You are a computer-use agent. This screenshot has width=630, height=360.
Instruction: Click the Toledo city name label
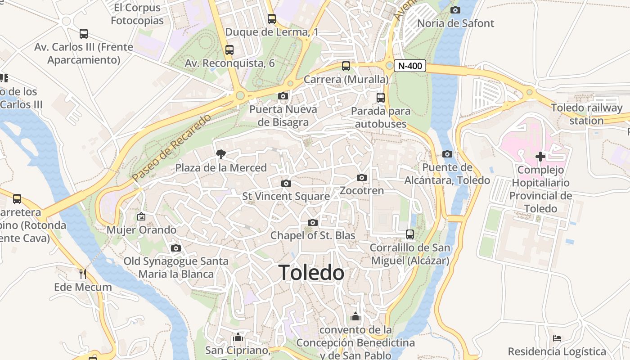click(311, 273)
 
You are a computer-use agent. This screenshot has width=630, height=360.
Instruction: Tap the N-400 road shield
click(410, 66)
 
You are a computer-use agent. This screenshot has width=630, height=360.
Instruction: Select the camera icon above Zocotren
click(362, 178)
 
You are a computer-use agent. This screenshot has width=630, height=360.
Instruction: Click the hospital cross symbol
click(540, 157)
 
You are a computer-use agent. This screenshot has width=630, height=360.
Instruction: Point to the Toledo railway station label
click(587, 114)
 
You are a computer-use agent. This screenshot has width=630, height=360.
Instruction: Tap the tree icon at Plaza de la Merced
click(221, 154)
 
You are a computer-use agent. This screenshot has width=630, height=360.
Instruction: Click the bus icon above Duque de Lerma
click(272, 19)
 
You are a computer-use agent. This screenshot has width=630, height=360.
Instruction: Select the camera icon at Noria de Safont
click(455, 10)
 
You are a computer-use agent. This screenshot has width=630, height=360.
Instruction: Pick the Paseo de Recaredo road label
click(172, 148)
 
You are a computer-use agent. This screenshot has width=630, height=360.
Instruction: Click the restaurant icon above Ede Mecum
click(83, 274)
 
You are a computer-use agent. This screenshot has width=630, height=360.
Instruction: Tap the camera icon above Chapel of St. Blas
click(313, 222)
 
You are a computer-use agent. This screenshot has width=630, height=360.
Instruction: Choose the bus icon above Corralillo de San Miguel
click(410, 234)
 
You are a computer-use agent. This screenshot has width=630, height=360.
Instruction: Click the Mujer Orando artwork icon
click(141, 216)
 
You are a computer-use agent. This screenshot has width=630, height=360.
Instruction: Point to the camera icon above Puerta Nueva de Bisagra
click(283, 96)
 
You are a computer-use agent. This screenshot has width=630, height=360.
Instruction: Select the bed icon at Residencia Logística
click(557, 338)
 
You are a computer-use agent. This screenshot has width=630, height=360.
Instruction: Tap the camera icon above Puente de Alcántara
click(447, 154)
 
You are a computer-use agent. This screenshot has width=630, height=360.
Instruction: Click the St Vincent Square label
click(286, 196)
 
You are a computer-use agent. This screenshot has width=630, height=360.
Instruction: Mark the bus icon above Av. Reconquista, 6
click(229, 50)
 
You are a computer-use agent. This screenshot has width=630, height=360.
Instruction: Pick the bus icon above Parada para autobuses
click(381, 97)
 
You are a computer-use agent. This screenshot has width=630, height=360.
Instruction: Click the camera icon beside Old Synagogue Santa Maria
click(176, 248)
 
